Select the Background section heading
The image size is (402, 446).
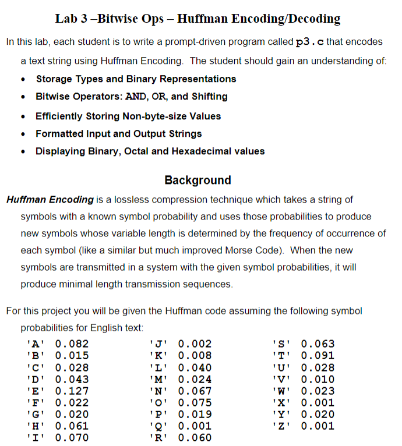point(198,180)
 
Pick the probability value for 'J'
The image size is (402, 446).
point(195,344)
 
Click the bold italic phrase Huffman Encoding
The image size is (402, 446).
point(50,200)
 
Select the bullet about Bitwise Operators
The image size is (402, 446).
point(132,97)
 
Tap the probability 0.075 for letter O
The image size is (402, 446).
point(195,402)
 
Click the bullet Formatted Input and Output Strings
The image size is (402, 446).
point(119,134)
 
